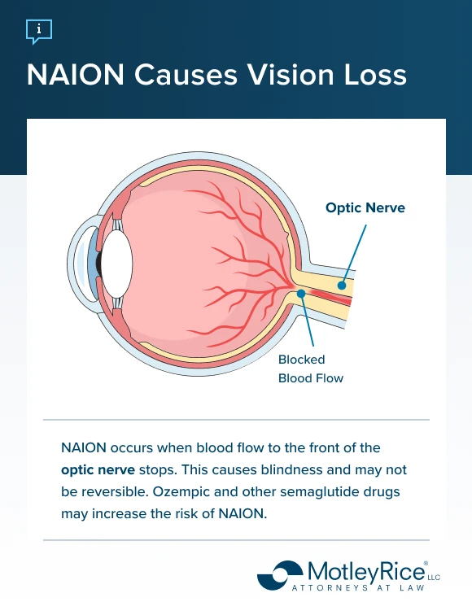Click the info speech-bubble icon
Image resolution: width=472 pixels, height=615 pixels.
click(38, 32)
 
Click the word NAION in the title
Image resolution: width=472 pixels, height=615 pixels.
click(72, 76)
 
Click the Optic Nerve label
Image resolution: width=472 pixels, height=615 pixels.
click(365, 208)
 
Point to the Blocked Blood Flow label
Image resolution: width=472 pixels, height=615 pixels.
click(310, 369)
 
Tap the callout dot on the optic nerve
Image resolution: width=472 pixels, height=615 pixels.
click(343, 286)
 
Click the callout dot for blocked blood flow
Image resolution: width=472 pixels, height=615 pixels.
click(301, 293)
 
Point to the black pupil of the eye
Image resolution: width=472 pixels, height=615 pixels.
click(98, 264)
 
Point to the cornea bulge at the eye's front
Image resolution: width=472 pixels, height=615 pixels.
click(78, 264)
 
